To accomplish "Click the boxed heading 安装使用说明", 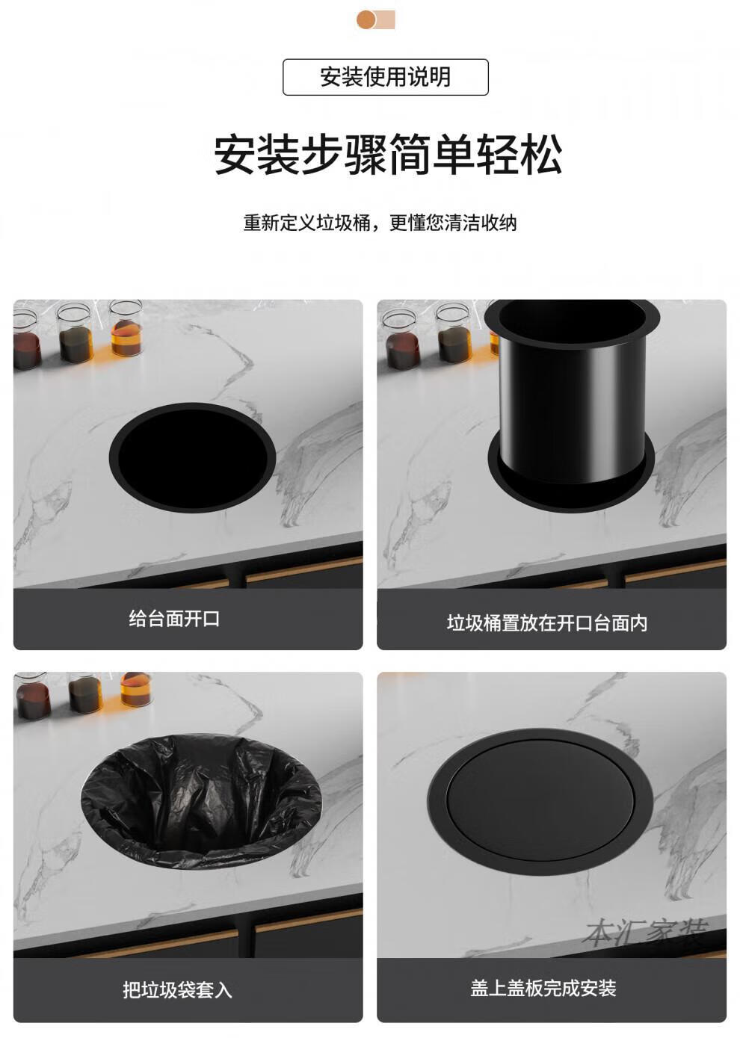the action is click(x=385, y=77).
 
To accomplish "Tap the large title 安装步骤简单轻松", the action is click(x=388, y=154).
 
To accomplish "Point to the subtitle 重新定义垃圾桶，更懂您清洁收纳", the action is click(x=380, y=223).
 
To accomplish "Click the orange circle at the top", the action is click(x=366, y=19).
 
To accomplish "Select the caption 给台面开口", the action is click(x=174, y=619).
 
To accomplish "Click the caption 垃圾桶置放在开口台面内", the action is click(x=547, y=623).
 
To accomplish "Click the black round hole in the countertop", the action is click(x=193, y=457).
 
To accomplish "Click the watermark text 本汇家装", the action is click(x=646, y=931).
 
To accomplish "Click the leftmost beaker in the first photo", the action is click(x=25, y=340).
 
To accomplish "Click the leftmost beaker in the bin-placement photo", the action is click(x=401, y=339).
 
